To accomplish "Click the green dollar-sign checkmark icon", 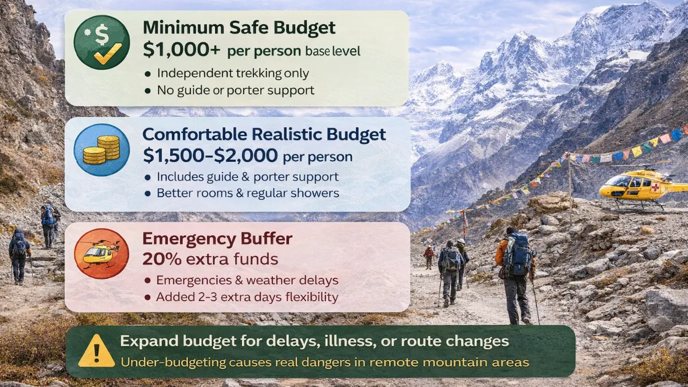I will coord(101,42).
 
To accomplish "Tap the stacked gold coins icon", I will coord(101,150).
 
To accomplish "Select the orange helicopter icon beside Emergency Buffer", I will coord(101,253).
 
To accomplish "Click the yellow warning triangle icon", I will coord(96,351).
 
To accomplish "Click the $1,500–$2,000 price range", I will coord(210,155).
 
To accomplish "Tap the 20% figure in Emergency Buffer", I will coord(162,259).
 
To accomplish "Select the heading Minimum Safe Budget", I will coord(239,27).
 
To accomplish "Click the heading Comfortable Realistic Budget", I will coord(264,134).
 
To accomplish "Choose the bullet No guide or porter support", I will coord(235,90).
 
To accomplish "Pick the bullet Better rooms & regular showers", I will coord(248,193).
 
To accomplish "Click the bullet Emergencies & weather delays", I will coord(247,280).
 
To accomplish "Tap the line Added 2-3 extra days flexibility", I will coord(247,298).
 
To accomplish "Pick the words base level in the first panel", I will coord(333,52).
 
